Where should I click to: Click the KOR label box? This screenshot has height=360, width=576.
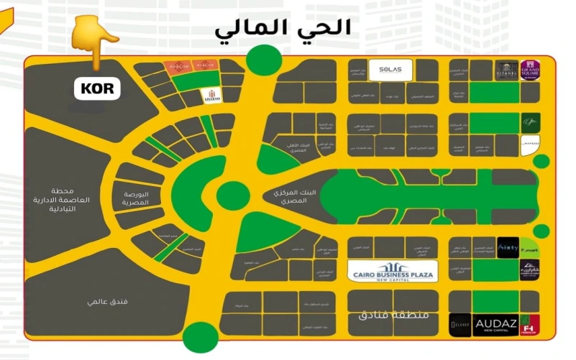[98, 90]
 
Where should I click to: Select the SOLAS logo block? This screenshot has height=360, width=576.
[390, 70]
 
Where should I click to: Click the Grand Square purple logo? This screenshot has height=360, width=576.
[530, 70]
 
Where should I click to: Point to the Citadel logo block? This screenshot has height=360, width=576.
[506, 70]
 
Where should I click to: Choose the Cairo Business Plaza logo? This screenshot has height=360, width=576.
[393, 271]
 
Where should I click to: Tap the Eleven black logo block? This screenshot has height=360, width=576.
[460, 325]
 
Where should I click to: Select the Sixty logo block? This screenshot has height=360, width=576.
[508, 247]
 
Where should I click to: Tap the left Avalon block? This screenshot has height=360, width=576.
[179, 65]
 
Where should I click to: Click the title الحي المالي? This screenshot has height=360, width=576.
[283, 28]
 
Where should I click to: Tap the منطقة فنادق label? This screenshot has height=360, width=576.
[393, 315]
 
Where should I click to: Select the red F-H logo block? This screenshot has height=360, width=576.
[530, 325]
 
